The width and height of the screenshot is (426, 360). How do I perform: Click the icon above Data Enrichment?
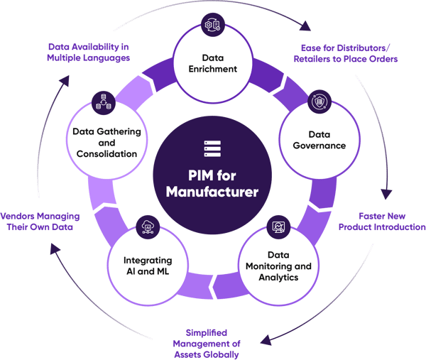pos(212,23)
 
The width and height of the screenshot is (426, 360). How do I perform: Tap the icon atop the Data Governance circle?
pos(318,102)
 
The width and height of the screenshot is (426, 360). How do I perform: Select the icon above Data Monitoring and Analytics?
pos(278,227)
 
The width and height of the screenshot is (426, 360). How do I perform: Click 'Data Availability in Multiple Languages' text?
pos(89,52)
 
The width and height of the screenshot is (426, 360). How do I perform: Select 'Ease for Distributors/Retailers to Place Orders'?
pos(346,53)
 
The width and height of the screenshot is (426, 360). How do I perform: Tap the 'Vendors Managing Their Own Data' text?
pos(40,220)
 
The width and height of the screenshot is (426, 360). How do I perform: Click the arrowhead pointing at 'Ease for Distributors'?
pos(306,28)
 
